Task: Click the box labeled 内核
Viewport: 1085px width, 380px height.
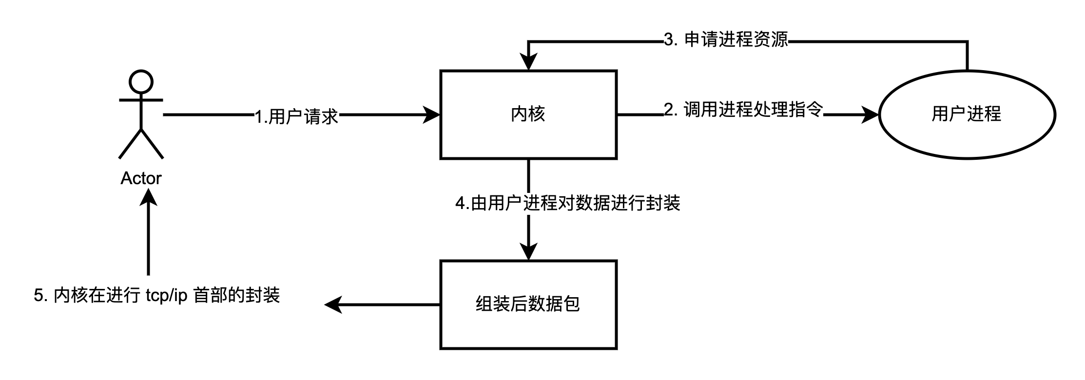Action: tap(528, 114)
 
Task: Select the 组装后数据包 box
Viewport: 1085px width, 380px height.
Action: tap(528, 304)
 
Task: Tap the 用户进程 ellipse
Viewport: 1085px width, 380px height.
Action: tap(967, 114)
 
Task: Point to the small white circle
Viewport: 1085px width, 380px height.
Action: tap(141, 82)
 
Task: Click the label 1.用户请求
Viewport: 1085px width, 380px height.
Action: tap(296, 117)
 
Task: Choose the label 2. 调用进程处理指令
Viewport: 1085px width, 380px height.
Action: tap(743, 110)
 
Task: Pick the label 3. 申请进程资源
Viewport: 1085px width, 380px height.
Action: tap(726, 39)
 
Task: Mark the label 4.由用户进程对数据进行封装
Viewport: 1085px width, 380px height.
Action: tap(568, 203)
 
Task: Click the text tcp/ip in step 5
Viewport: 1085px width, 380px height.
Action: tap(166, 296)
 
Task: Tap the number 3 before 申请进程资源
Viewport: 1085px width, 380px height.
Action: tap(669, 40)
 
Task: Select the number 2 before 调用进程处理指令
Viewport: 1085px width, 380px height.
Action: tap(669, 110)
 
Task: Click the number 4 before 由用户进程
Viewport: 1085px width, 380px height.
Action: tap(461, 204)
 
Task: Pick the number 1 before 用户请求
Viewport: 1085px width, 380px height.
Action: tap(259, 117)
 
